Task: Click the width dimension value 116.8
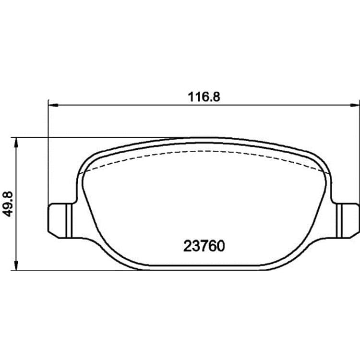click(x=204, y=97)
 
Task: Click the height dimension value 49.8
click(x=9, y=204)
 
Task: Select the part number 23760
click(x=204, y=246)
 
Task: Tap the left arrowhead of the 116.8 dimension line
click(x=53, y=105)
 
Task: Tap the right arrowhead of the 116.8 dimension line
click(x=355, y=105)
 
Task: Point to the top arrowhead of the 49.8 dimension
click(x=16, y=143)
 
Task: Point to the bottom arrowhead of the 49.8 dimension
click(x=16, y=265)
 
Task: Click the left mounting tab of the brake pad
click(x=60, y=221)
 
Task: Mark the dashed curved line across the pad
click(x=204, y=151)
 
